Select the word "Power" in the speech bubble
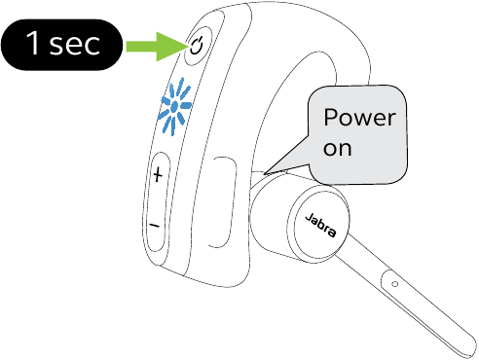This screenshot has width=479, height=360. (359, 121)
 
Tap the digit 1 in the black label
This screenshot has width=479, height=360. (34, 46)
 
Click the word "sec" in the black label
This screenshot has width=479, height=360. (78, 46)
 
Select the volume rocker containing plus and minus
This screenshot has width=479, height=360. (157, 199)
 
